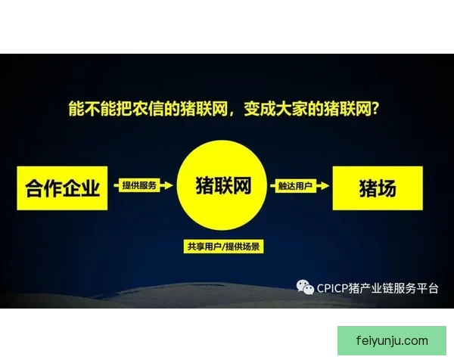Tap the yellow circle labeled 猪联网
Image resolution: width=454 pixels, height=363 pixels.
click(224, 185)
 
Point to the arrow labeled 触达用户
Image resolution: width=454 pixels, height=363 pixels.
click(302, 185)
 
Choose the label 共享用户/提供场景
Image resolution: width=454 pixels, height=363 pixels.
click(225, 247)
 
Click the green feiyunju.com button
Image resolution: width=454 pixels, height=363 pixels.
click(391, 340)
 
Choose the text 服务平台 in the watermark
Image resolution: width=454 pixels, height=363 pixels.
click(418, 287)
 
